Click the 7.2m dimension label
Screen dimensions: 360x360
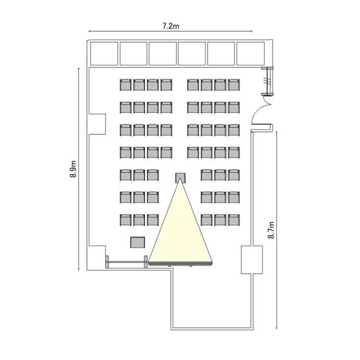pyautogui.click(x=170, y=26)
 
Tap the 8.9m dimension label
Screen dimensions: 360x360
pyautogui.click(x=73, y=169)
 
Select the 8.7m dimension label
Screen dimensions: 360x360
pyautogui.click(x=271, y=230)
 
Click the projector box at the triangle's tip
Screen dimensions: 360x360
pyautogui.click(x=180, y=178)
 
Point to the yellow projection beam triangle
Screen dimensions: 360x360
pyautogui.click(x=180, y=229)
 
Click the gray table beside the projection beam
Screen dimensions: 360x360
pyautogui.click(x=138, y=242)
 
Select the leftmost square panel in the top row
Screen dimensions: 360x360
pyautogui.click(x=104, y=53)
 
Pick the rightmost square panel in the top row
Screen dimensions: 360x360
pyautogui.click(x=251, y=53)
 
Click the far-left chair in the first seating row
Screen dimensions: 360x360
pyautogui.click(x=126, y=84)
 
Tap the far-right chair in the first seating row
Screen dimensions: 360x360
pyautogui.click(x=234, y=84)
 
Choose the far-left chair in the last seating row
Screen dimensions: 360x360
pyautogui.click(x=126, y=220)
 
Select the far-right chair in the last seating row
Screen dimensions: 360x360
pyautogui.click(x=234, y=220)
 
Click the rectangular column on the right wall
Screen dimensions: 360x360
pyautogui.click(x=252, y=260)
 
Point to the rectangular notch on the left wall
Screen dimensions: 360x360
pyautogui.click(x=97, y=124)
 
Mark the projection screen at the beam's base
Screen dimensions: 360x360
pyautogui.click(x=180, y=264)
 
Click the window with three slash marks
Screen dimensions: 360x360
pyautogui.click(x=268, y=81)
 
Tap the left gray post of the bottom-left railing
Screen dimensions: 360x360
pyautogui.click(x=107, y=262)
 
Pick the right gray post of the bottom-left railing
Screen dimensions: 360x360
pyautogui.click(x=145, y=262)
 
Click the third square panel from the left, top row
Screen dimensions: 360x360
pyautogui.click(x=163, y=53)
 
